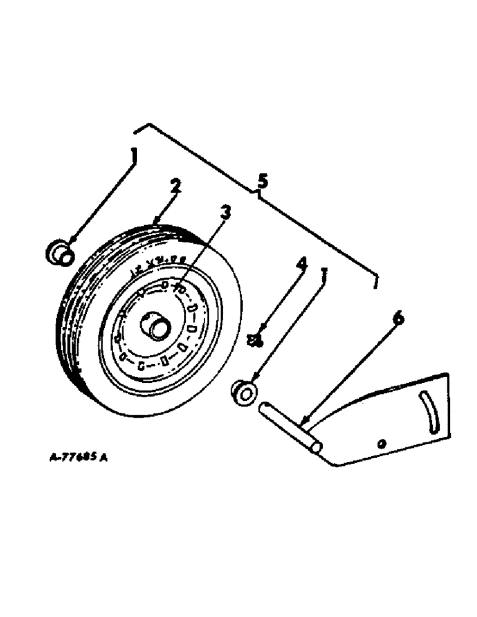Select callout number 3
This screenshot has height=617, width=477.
coord(226,213)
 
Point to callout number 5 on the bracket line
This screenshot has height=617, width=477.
coord(262,181)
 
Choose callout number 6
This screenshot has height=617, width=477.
coord(398,318)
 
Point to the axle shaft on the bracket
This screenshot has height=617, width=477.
coord(289,426)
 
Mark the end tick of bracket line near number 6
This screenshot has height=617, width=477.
coord(376,283)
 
